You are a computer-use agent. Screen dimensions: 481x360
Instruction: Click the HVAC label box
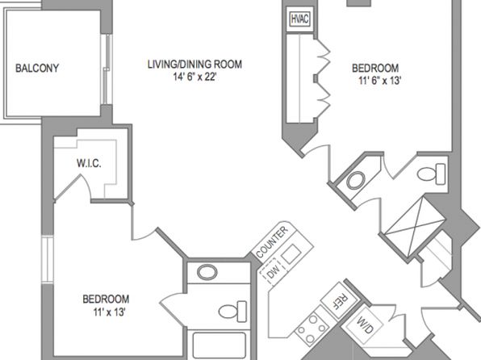click(299, 19)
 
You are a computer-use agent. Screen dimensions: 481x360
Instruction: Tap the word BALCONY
click(37, 68)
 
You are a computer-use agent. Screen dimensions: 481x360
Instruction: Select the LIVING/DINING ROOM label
click(194, 64)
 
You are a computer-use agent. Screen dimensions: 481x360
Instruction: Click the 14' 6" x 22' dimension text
click(194, 77)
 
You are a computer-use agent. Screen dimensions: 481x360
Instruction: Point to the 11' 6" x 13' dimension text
click(380, 81)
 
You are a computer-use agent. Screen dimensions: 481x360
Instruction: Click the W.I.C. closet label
click(89, 163)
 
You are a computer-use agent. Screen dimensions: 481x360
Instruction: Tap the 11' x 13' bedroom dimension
click(109, 312)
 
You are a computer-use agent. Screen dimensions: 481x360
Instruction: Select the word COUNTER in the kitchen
click(273, 242)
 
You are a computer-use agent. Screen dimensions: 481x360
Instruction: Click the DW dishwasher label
click(274, 271)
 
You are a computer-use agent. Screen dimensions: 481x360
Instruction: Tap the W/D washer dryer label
click(365, 325)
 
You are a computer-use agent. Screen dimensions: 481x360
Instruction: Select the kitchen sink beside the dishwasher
click(291, 254)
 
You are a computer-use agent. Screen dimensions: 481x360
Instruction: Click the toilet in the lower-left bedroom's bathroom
click(232, 312)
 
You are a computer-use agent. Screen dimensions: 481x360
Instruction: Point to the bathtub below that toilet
click(220, 345)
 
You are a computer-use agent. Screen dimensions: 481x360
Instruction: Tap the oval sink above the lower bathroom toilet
click(207, 272)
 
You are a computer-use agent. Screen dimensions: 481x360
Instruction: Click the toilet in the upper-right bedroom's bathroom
click(431, 174)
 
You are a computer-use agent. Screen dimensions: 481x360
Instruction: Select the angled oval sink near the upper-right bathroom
click(356, 181)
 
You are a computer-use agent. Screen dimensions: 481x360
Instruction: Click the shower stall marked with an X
click(415, 228)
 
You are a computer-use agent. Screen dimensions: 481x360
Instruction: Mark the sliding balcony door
click(107, 69)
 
